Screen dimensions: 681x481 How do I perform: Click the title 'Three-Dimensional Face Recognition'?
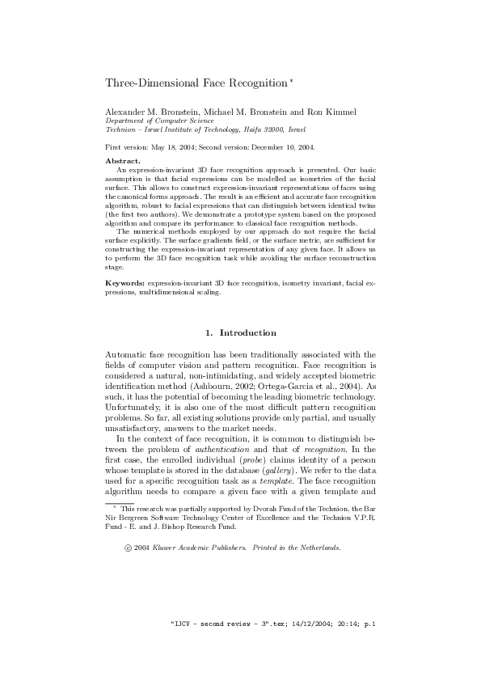[196, 83]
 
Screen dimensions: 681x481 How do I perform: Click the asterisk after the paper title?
[291, 81]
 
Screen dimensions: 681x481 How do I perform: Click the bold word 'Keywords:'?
[124, 285]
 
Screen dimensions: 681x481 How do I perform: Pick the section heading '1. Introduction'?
[240, 332]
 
